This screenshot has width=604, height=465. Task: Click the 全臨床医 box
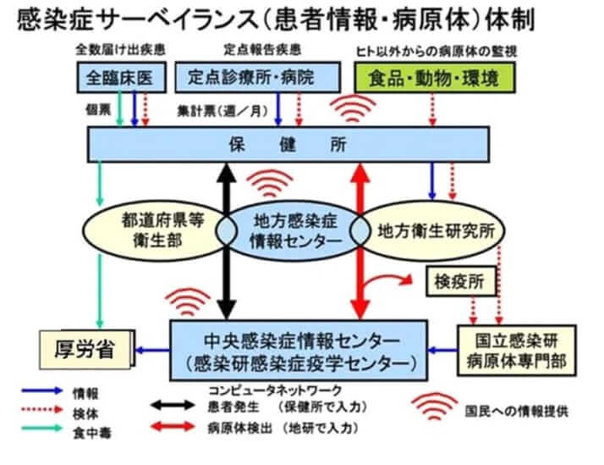(x=118, y=78)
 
